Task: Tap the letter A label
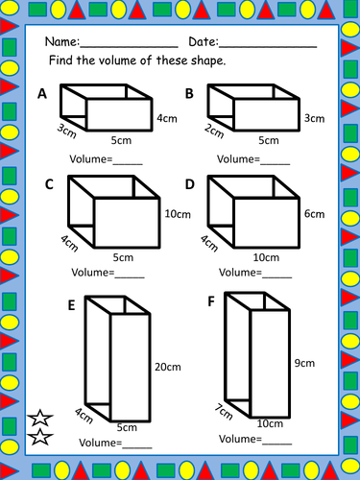coord(41,94)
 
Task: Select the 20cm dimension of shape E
coord(168,367)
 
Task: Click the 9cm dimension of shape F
coord(305,364)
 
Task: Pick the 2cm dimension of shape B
coord(213,131)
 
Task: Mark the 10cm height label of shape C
coord(175,213)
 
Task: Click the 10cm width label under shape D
coord(267,257)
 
